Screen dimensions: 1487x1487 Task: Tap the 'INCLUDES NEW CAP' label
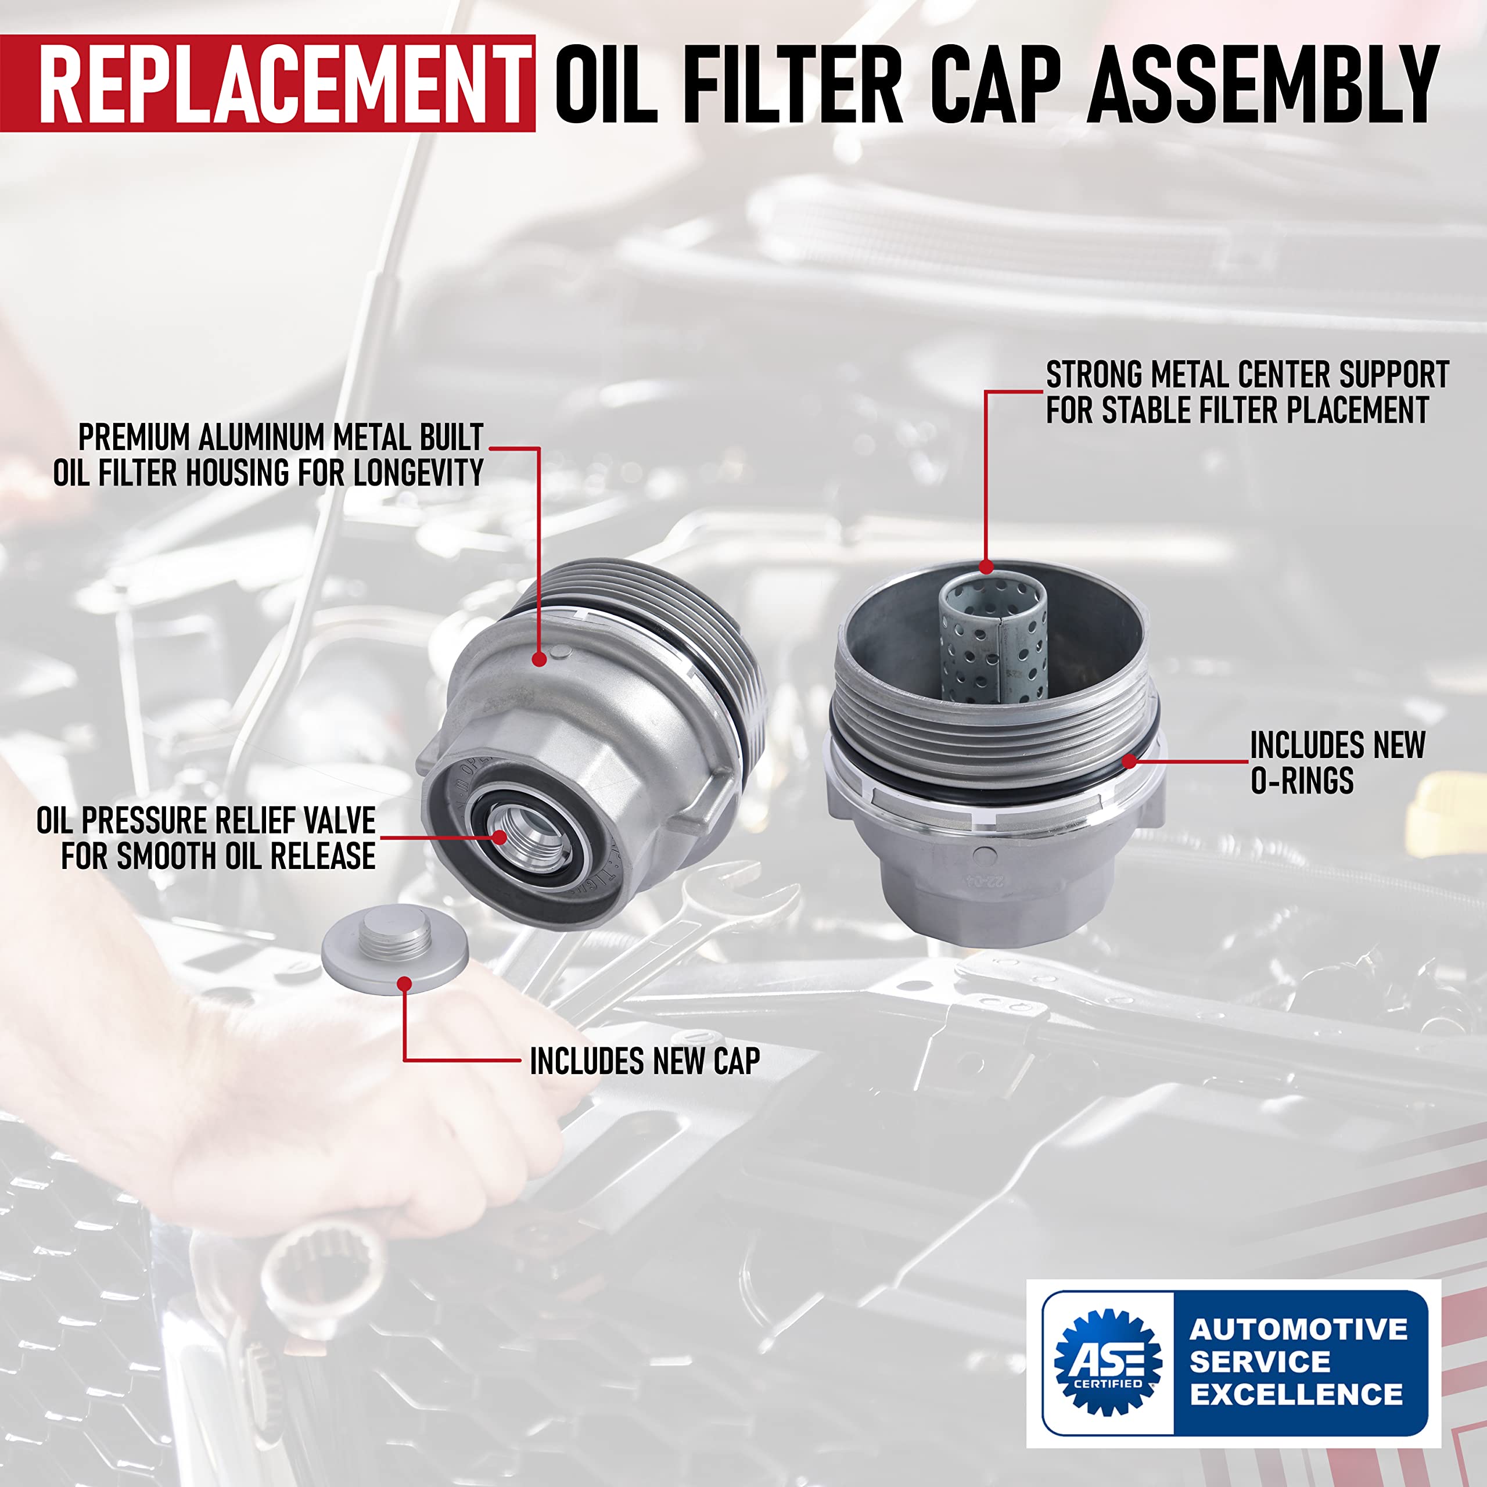(644, 1061)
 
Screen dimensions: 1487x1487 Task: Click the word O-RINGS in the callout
(1302, 781)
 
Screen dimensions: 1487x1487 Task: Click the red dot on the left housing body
(540, 659)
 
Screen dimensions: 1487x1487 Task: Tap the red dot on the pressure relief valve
(500, 838)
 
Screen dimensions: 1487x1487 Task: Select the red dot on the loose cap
(405, 983)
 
